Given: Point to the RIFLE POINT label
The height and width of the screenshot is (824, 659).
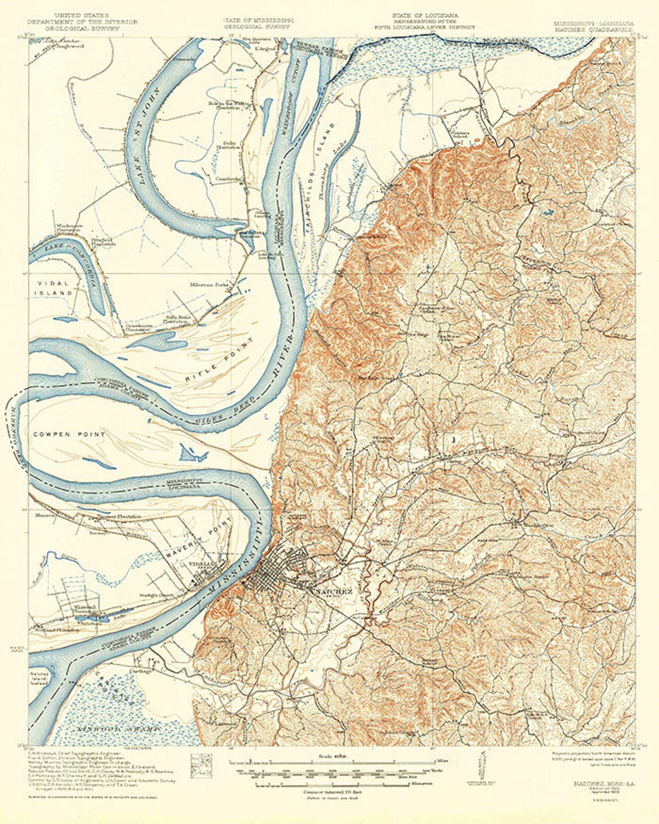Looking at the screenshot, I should click(220, 361).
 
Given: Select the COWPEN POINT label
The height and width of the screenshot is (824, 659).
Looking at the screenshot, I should click(69, 434).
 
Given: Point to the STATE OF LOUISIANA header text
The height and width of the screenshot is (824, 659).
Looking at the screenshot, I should click(425, 16).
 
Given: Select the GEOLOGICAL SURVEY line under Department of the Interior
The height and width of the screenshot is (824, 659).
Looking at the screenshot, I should click(82, 29).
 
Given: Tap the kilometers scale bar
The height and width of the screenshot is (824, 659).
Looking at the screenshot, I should click(332, 784).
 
